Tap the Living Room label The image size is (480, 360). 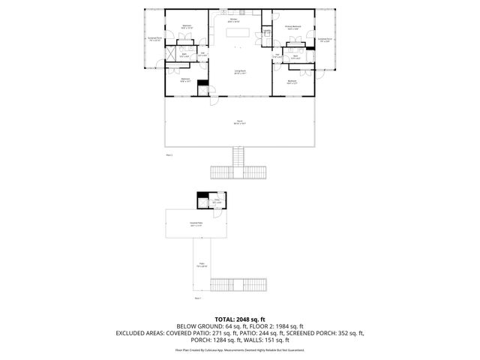pyautogui.click(x=239, y=71)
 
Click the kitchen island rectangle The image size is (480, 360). pyautogui.click(x=238, y=33)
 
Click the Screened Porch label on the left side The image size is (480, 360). pyautogui.click(x=155, y=39)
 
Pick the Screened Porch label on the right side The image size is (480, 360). pyautogui.click(x=325, y=39)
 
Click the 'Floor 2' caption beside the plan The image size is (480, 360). pyautogui.click(x=169, y=154)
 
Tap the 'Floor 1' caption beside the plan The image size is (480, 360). pyautogui.click(x=199, y=298)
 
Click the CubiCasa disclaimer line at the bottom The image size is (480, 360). pyautogui.click(x=239, y=349)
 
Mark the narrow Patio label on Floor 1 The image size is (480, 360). pyautogui.click(x=202, y=265)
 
